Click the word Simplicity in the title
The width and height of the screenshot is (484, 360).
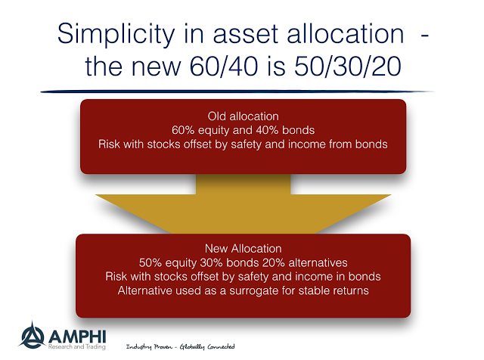(x=116, y=35)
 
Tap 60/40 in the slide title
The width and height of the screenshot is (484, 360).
(x=224, y=67)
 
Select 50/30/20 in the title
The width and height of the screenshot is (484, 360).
(x=348, y=67)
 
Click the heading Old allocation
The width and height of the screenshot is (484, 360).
(x=244, y=116)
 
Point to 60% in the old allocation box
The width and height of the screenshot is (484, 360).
(x=183, y=130)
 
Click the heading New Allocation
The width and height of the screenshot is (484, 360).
(x=244, y=249)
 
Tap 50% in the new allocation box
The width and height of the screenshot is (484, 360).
(x=150, y=262)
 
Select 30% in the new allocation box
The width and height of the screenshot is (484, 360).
(x=212, y=262)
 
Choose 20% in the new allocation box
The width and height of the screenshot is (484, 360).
(x=274, y=262)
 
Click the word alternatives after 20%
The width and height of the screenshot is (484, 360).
(x=318, y=262)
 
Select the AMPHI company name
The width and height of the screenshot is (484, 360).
(x=77, y=337)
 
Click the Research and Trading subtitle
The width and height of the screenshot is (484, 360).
(x=77, y=346)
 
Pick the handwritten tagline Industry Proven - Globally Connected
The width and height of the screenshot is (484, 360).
(x=181, y=346)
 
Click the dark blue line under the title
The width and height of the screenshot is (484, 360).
(x=237, y=92)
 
